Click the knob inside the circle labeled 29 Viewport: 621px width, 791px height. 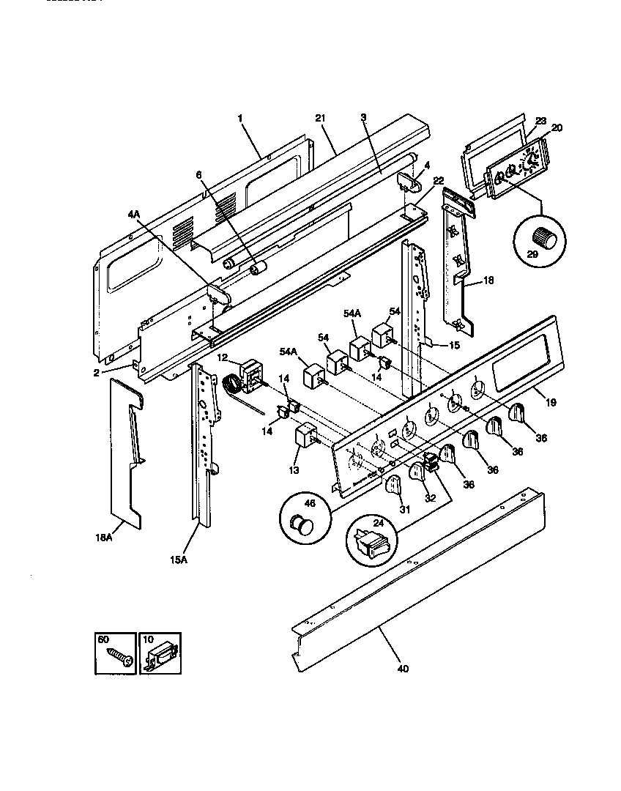(543, 237)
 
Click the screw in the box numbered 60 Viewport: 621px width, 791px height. (117, 656)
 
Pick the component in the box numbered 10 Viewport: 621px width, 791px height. (160, 655)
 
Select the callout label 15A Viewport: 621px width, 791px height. (179, 560)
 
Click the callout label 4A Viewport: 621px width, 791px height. (133, 215)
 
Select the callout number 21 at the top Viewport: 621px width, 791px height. (319, 118)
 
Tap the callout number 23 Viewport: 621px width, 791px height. (540, 121)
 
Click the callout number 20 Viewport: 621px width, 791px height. (557, 128)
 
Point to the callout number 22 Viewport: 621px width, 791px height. (438, 180)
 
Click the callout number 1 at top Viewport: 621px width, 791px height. (239, 117)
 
